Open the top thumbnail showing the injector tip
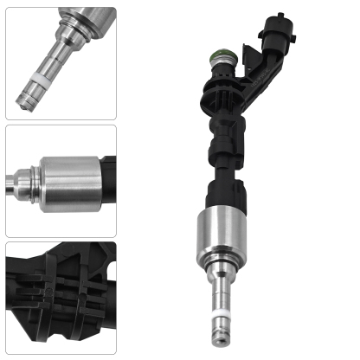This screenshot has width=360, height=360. coord(61,62)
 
